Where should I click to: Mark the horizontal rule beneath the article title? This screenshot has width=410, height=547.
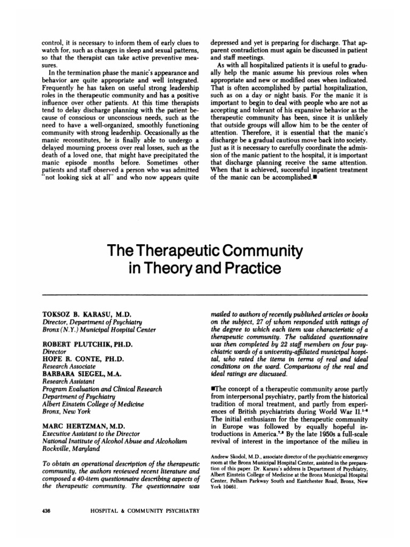pyautogui.click(x=204, y=294)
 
